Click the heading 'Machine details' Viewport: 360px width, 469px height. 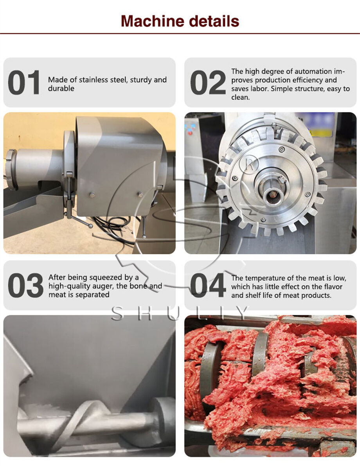180,20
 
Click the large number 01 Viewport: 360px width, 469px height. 24,83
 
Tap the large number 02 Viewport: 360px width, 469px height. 208,83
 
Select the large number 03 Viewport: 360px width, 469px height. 25,286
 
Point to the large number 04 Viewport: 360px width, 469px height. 208,286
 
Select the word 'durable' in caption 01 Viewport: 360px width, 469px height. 61,89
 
